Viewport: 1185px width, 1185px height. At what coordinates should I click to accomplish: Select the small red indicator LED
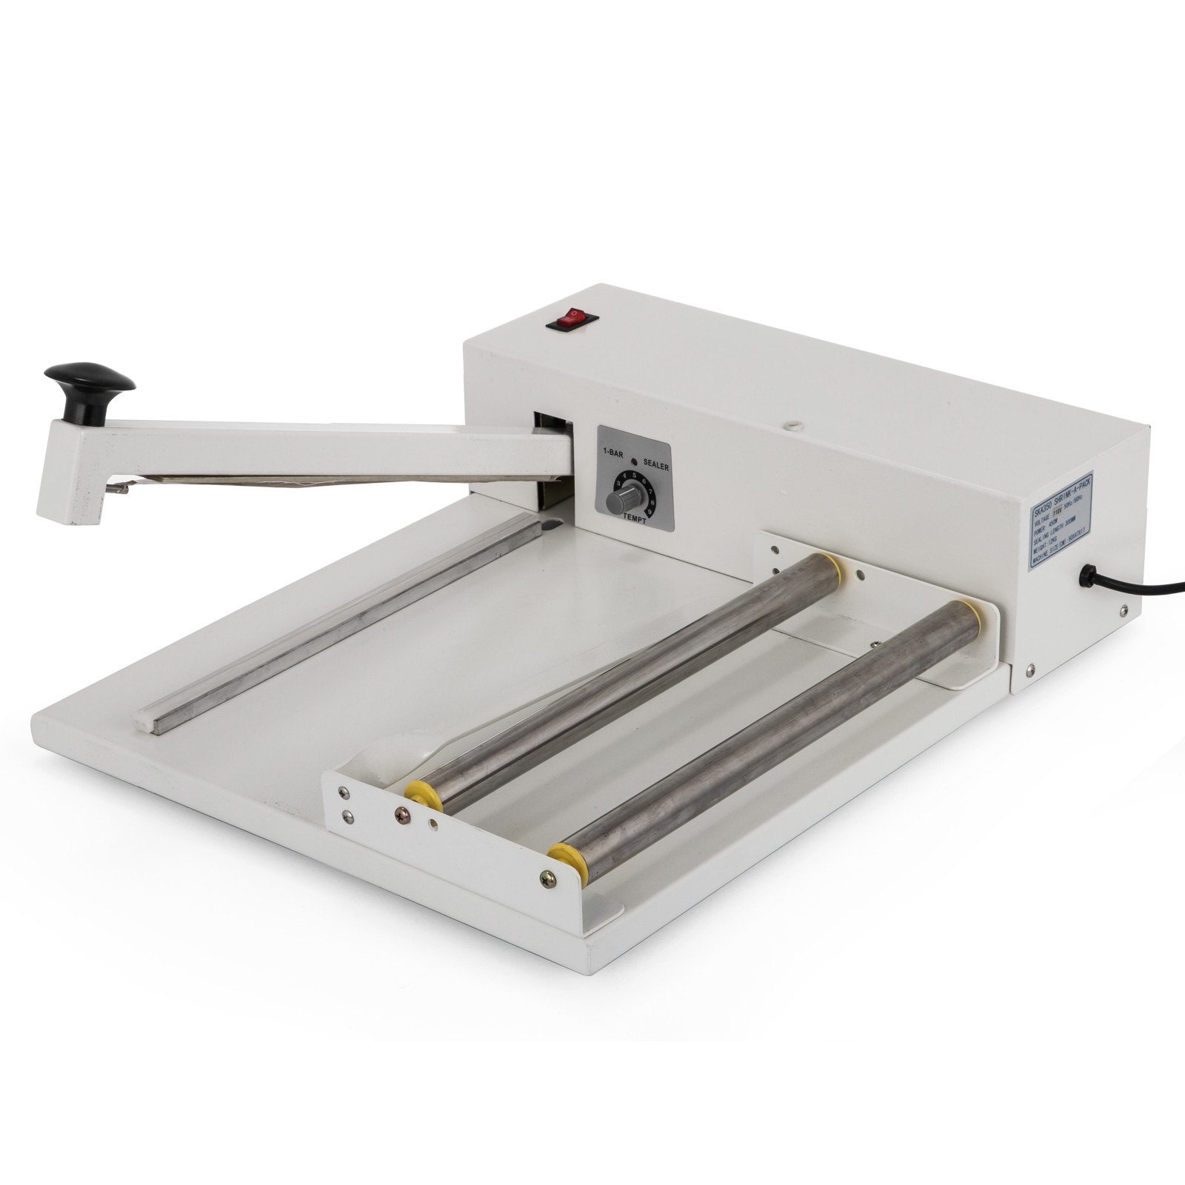coord(634,461)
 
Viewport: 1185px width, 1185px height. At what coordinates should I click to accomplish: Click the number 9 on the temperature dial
coord(649,511)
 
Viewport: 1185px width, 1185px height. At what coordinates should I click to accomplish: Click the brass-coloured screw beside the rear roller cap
coord(404,813)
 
